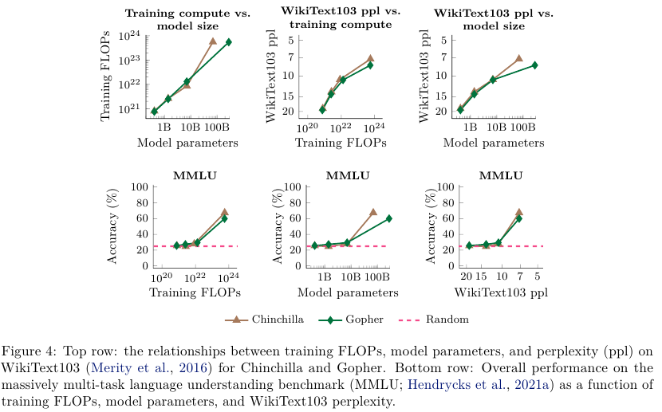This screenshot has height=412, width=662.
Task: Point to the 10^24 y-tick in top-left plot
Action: [130, 37]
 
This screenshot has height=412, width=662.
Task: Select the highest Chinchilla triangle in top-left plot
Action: [213, 41]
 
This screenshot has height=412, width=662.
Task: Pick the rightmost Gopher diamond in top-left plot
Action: [229, 41]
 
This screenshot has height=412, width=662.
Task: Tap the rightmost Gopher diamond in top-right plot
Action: [534, 65]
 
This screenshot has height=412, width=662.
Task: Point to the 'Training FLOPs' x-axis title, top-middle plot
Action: [341, 143]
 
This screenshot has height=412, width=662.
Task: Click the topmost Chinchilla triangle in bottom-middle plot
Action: [372, 212]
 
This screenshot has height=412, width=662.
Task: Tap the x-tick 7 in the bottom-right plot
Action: [519, 276]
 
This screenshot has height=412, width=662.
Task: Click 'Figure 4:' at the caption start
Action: [29, 352]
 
